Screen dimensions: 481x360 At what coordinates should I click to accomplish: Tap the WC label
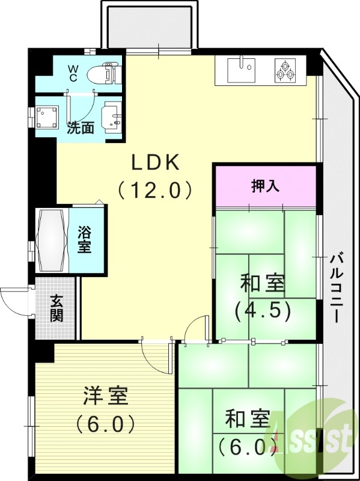tap(72, 73)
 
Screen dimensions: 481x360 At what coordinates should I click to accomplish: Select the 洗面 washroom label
tap(79, 128)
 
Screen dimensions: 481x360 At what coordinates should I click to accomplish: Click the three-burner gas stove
tap(285, 70)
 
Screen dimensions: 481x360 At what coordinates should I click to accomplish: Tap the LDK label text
tap(156, 162)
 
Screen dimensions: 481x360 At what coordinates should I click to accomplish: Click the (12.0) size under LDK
tap(156, 191)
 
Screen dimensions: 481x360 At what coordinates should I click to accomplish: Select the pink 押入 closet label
tap(264, 186)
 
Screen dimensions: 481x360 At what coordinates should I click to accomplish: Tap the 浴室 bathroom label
tap(85, 239)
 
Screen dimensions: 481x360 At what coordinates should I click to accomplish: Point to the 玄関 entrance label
tap(56, 308)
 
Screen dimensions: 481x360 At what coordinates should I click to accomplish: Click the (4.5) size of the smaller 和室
tap(263, 310)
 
